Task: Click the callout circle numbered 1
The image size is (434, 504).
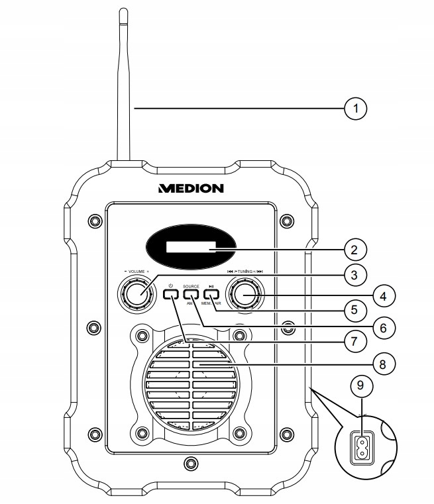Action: pos(356,108)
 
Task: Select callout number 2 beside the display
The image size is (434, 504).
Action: pos(356,250)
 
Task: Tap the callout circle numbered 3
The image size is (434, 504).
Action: pos(356,274)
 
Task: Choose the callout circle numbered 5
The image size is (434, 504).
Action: pos(356,309)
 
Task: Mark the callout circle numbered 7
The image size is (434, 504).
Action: pos(356,342)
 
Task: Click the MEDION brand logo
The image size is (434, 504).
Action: pos(191,188)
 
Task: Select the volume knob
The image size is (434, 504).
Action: pos(136,293)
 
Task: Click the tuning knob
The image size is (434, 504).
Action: pos(243,293)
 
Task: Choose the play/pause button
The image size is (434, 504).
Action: pos(211,294)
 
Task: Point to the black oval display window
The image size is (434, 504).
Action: pos(191,250)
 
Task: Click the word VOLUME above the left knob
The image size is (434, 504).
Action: pos(136,272)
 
